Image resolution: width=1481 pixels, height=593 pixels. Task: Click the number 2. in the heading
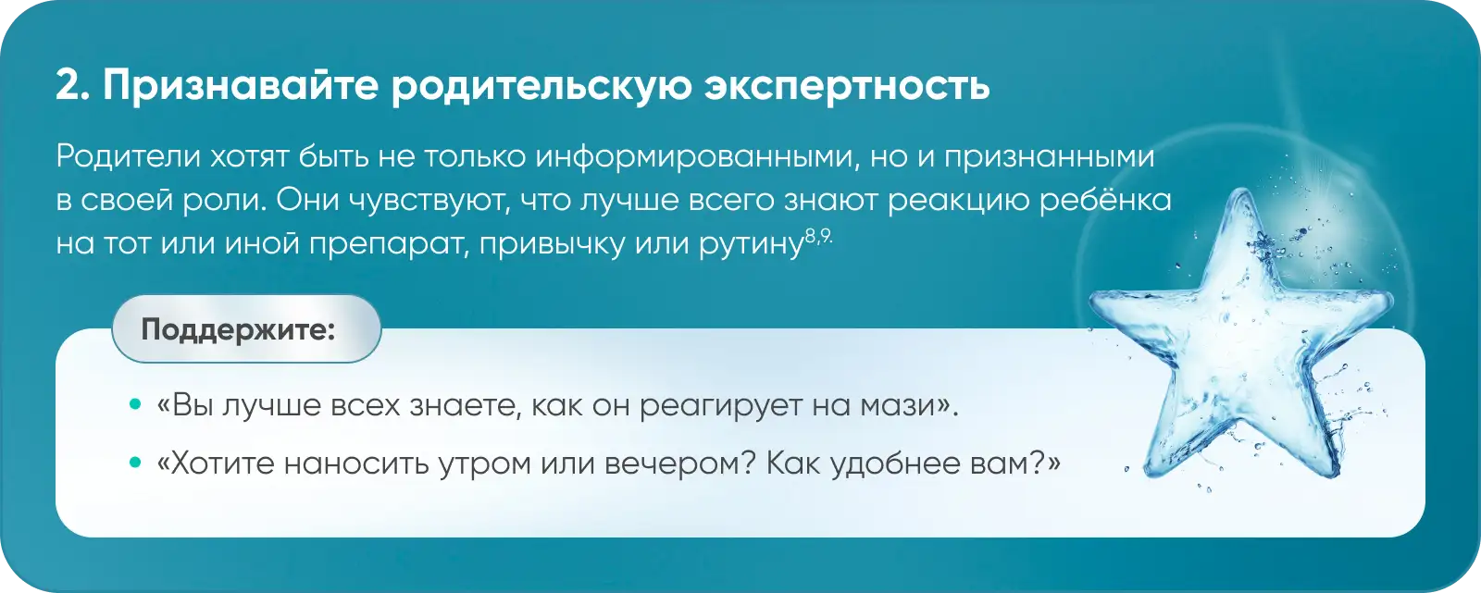coord(73,86)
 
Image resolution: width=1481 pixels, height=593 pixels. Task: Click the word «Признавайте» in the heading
coord(241,86)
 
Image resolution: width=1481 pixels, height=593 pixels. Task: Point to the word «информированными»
coord(696,157)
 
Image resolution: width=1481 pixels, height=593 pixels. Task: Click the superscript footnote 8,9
coord(818,237)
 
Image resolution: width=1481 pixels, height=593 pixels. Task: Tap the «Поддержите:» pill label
coord(238,329)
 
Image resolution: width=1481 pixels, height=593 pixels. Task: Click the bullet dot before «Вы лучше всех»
coord(135,404)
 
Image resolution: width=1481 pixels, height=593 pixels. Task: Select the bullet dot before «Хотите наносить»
coord(135,463)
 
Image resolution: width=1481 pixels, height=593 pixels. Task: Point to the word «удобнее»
coord(895,463)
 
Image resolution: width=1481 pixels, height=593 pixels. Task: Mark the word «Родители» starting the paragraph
coord(129,156)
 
